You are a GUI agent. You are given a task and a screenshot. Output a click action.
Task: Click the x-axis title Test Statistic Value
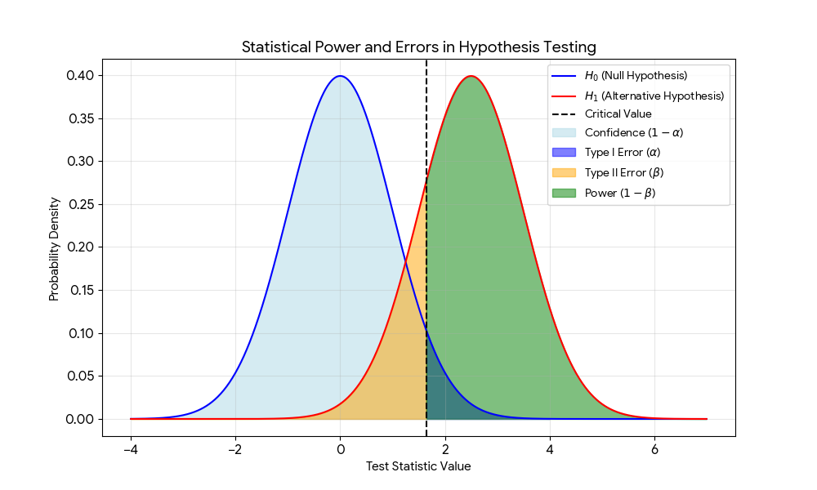[x=418, y=466]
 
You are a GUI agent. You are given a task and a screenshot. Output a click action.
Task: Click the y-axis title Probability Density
[x=55, y=247]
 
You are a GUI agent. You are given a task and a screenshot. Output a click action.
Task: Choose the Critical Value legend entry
[x=618, y=114]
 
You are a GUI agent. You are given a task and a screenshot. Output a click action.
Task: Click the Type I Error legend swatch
[x=565, y=154]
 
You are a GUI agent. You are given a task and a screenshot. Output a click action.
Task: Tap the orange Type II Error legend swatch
[x=565, y=173]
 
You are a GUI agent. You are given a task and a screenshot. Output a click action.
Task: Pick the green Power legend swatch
[x=565, y=193]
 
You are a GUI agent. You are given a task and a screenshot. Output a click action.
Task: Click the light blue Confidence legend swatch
[x=565, y=134]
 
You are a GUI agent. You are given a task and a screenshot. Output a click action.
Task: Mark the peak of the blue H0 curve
[x=340, y=76]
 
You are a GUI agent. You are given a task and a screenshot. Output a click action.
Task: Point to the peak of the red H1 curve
[x=471, y=76]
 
